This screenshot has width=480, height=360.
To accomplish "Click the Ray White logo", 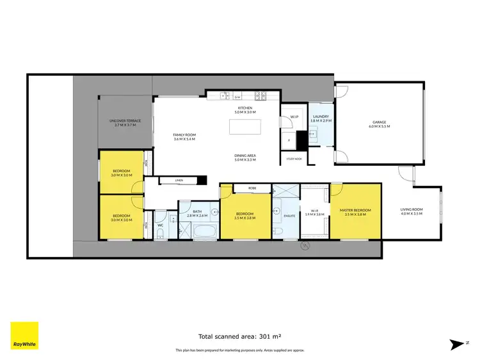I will coord(24,336).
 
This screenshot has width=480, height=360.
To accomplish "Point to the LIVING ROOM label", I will coord(411,209).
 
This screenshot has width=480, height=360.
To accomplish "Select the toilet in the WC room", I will coord(160,234).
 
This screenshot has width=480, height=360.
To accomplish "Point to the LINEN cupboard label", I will coord(179,181).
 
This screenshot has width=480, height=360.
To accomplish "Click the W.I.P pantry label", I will coord(294,117).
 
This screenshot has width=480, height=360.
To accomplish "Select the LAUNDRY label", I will coord(319,117).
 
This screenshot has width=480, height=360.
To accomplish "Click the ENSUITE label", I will coord(289,216).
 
